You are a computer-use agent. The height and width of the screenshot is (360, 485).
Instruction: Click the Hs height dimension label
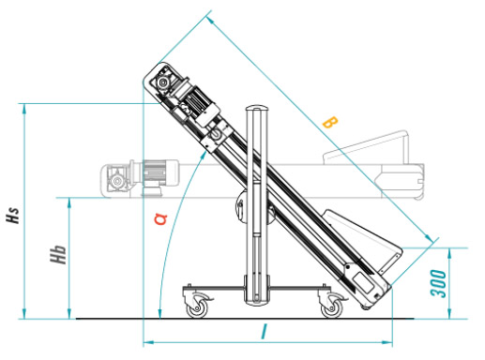tap(12, 212)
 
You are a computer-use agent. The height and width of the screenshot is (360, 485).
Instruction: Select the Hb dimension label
tap(58, 255)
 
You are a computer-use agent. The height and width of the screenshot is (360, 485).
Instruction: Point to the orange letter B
tap(328, 122)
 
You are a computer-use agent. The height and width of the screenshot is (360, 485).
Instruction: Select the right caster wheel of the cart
tap(331, 306)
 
